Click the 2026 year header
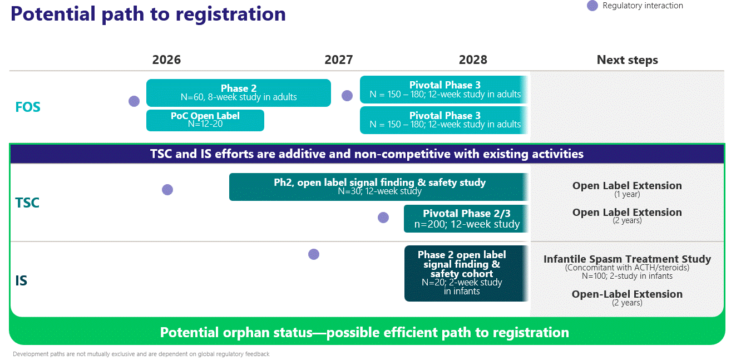pos(166,60)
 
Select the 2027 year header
pos(339,60)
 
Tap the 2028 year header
pos(473,60)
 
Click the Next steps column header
pos(627,60)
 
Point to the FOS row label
pos(28,107)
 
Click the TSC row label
pos(27,203)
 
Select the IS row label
pos(21,280)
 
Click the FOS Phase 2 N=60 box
pos(239,93)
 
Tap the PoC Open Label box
pos(205,120)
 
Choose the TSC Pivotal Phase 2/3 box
pos(466,219)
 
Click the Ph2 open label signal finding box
pos(378,187)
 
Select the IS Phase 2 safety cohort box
pos(466,273)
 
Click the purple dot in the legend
pos(592,6)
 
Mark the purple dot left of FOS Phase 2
pos(134,101)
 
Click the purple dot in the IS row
pos(314,254)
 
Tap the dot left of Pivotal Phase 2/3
pos(383,218)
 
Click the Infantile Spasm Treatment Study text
pos(627,259)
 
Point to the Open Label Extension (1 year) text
pos(627,189)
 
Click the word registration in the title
pos(230,14)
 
